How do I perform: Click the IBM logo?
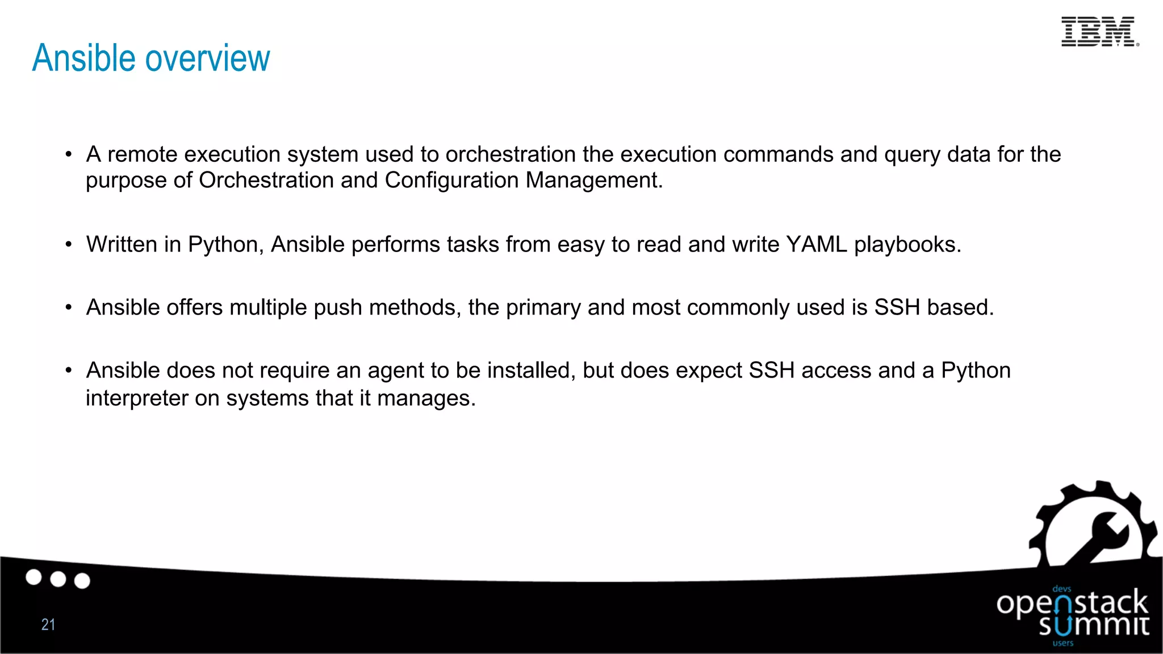tap(1099, 32)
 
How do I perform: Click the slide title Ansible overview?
tap(151, 58)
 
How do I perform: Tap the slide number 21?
tap(48, 624)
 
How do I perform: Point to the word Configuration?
tap(451, 181)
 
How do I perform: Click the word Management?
tap(593, 181)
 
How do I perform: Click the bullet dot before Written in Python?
tap(69, 245)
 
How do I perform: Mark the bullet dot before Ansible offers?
tap(69, 308)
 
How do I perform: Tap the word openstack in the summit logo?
tap(1072, 603)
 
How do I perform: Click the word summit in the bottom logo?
tap(1094, 626)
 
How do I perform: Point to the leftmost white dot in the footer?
tap(34, 577)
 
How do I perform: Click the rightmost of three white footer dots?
tap(82, 581)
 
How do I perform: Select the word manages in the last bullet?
tap(425, 398)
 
